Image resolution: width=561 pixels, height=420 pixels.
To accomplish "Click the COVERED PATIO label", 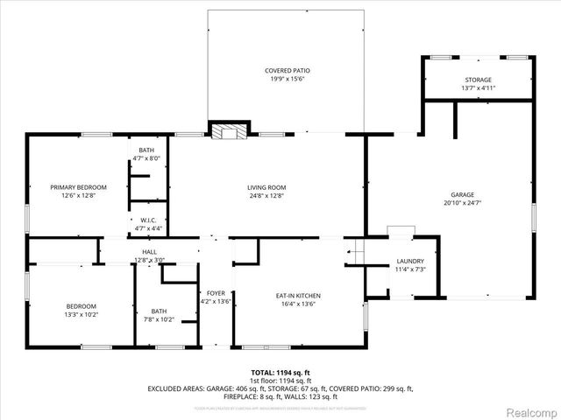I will (x=288, y=70).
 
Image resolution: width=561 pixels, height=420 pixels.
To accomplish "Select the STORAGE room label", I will (x=479, y=80).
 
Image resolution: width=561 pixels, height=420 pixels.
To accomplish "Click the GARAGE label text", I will (x=462, y=194).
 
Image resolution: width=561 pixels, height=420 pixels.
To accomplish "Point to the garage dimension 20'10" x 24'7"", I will (x=462, y=203).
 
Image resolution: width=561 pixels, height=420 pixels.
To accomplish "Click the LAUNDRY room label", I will (x=410, y=261).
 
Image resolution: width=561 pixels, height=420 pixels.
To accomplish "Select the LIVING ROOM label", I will (x=266, y=187).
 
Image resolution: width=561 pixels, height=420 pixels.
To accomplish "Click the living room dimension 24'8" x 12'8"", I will (x=266, y=196).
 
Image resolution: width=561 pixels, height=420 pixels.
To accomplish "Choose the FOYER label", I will (x=216, y=293).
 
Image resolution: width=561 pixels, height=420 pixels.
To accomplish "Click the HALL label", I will (x=149, y=252).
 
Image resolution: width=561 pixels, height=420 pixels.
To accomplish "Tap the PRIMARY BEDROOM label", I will (x=78, y=187).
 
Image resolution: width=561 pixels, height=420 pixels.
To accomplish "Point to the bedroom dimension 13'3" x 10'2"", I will (x=81, y=315).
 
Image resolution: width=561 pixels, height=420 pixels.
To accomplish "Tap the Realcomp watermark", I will (x=529, y=409).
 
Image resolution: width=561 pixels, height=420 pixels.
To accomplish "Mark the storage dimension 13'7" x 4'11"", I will (x=479, y=88).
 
